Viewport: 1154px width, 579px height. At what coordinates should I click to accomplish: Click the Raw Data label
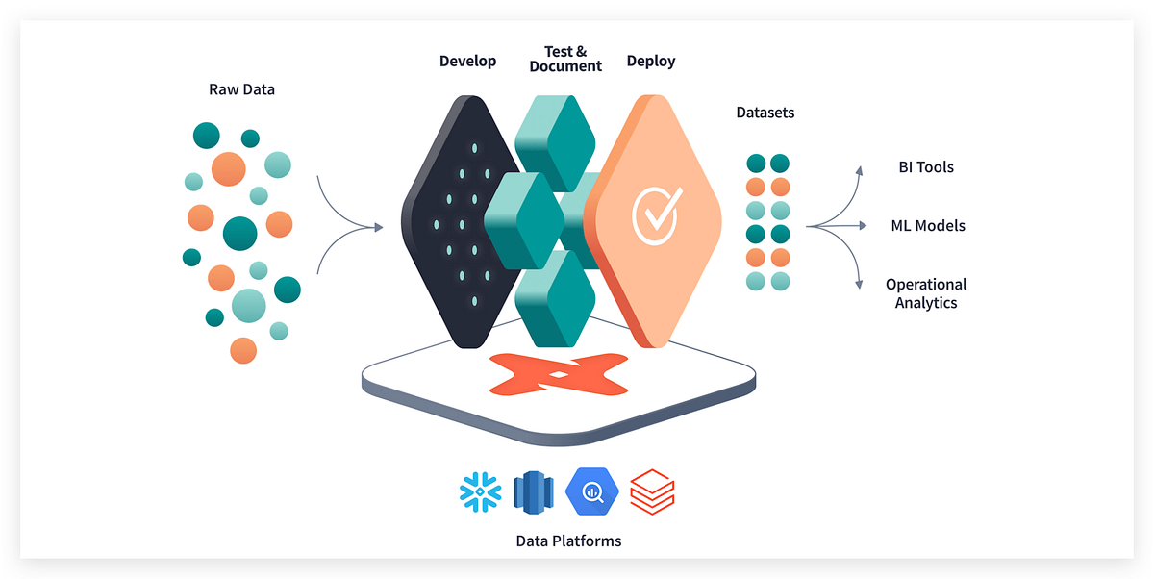[241, 89]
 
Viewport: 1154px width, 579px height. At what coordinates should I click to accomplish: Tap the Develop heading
[467, 61]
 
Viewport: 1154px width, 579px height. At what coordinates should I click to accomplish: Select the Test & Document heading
[565, 59]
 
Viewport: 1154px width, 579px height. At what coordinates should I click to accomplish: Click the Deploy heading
[651, 61]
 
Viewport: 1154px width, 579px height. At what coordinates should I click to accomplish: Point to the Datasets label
[765, 113]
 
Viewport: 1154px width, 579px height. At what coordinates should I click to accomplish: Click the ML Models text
[927, 226]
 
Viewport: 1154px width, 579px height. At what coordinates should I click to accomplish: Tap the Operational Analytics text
[926, 293]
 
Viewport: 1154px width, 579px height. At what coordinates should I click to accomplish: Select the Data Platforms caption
[568, 541]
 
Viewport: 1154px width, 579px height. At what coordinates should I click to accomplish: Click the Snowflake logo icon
[479, 491]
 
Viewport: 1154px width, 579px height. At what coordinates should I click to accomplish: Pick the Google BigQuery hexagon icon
[591, 491]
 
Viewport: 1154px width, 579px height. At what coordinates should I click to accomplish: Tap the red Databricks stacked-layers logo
[651, 491]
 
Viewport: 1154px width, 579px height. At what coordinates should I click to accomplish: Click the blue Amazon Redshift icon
[535, 491]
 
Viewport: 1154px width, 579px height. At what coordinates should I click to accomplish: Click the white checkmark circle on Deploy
[657, 214]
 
